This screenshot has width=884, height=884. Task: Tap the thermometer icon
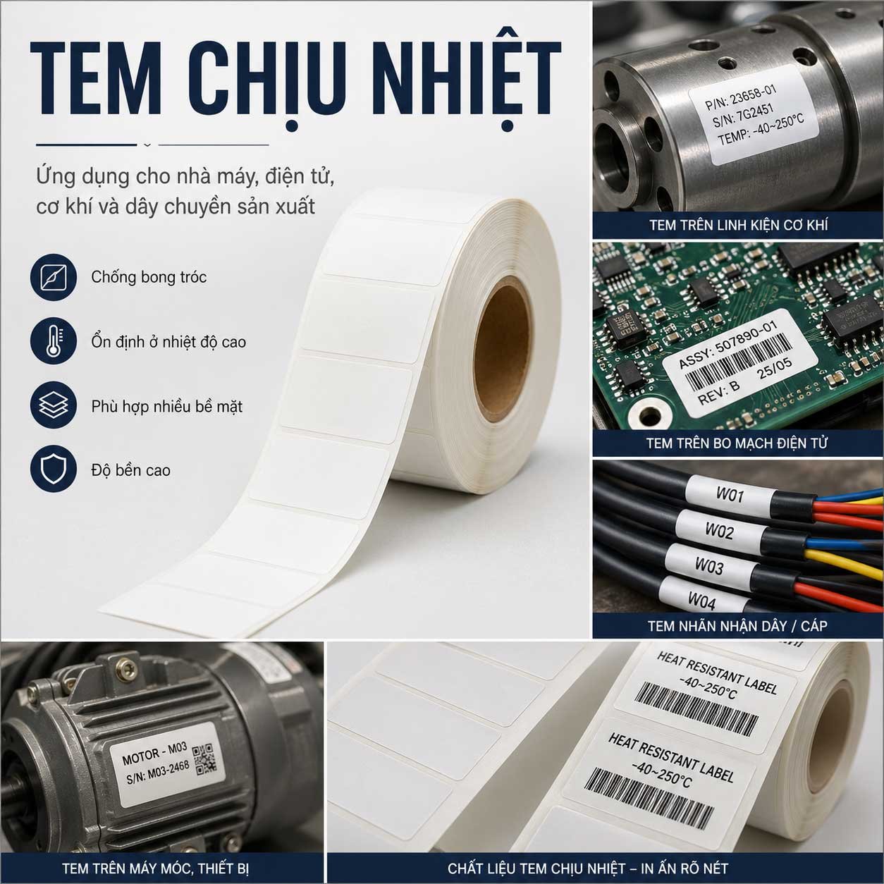tap(54, 342)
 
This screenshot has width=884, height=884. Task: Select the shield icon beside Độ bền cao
tap(54, 469)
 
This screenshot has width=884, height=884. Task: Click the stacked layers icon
tap(54, 405)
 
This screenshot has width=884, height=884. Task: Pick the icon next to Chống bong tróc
tap(54, 277)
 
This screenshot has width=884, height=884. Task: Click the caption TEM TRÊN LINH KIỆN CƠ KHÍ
tap(738, 226)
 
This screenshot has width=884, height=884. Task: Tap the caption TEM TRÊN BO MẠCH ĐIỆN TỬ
tap(737, 443)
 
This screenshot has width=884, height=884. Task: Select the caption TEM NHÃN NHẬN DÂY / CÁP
tap(737, 626)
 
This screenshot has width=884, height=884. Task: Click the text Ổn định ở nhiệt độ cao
tap(168, 342)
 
